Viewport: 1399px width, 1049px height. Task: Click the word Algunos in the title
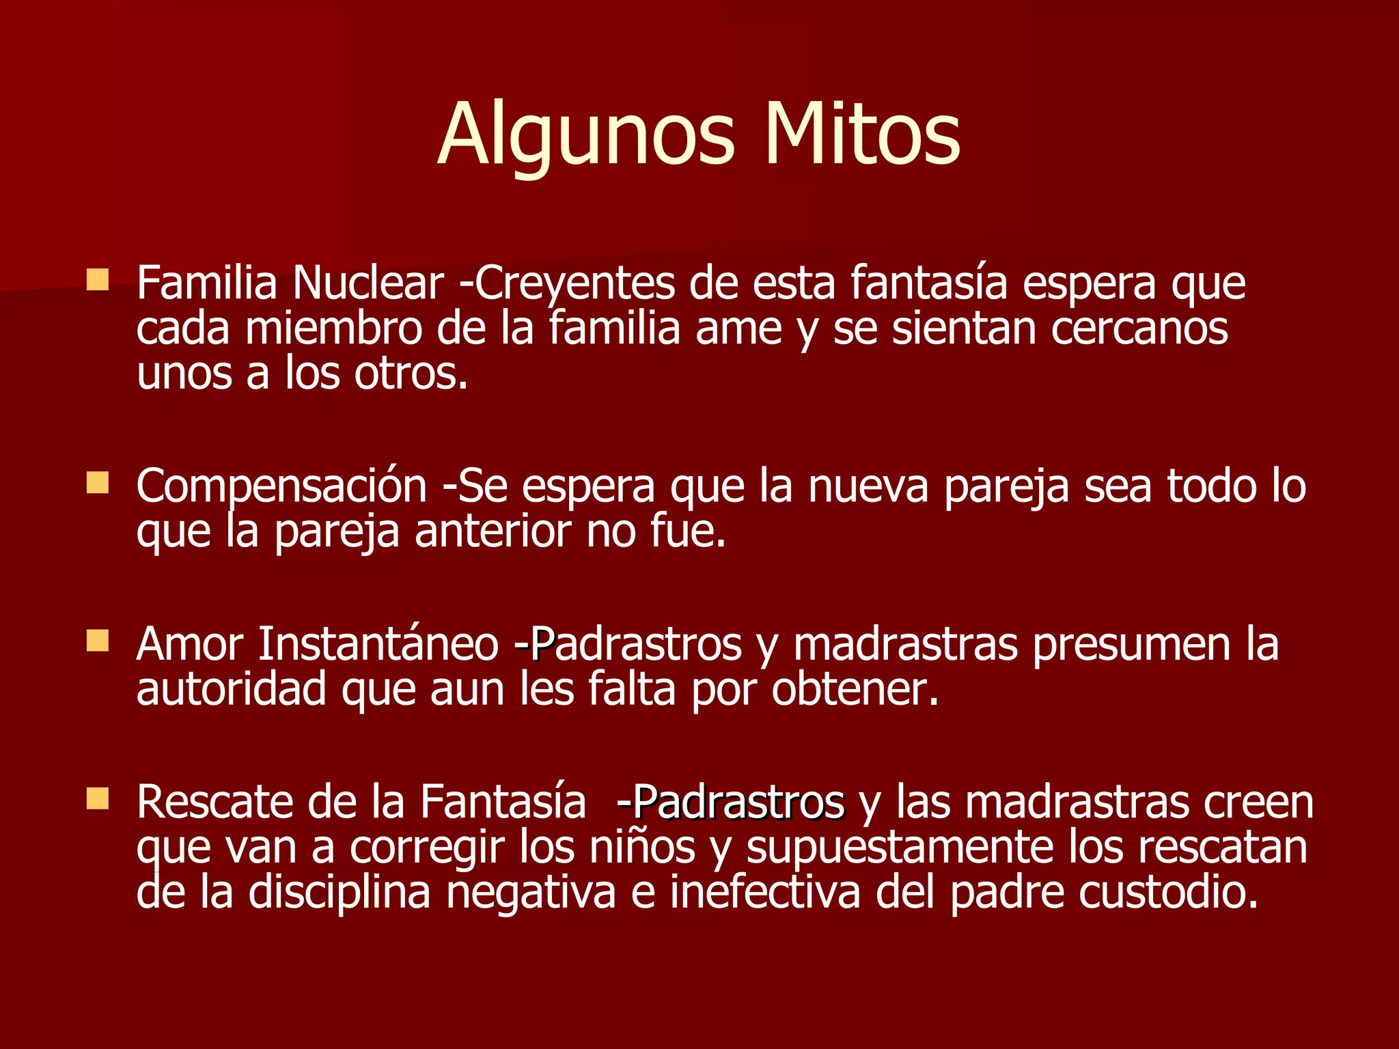586,134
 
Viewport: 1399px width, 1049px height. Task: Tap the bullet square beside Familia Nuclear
98,279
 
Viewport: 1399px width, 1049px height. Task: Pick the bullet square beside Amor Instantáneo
98,641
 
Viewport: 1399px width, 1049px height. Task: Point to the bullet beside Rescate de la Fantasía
98,798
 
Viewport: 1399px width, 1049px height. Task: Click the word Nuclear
368,283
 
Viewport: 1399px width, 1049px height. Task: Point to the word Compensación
281,488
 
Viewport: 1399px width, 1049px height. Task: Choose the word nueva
868,486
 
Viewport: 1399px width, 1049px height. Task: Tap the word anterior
493,532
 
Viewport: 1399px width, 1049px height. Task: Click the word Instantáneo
378,644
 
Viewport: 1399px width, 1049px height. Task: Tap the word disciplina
339,892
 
